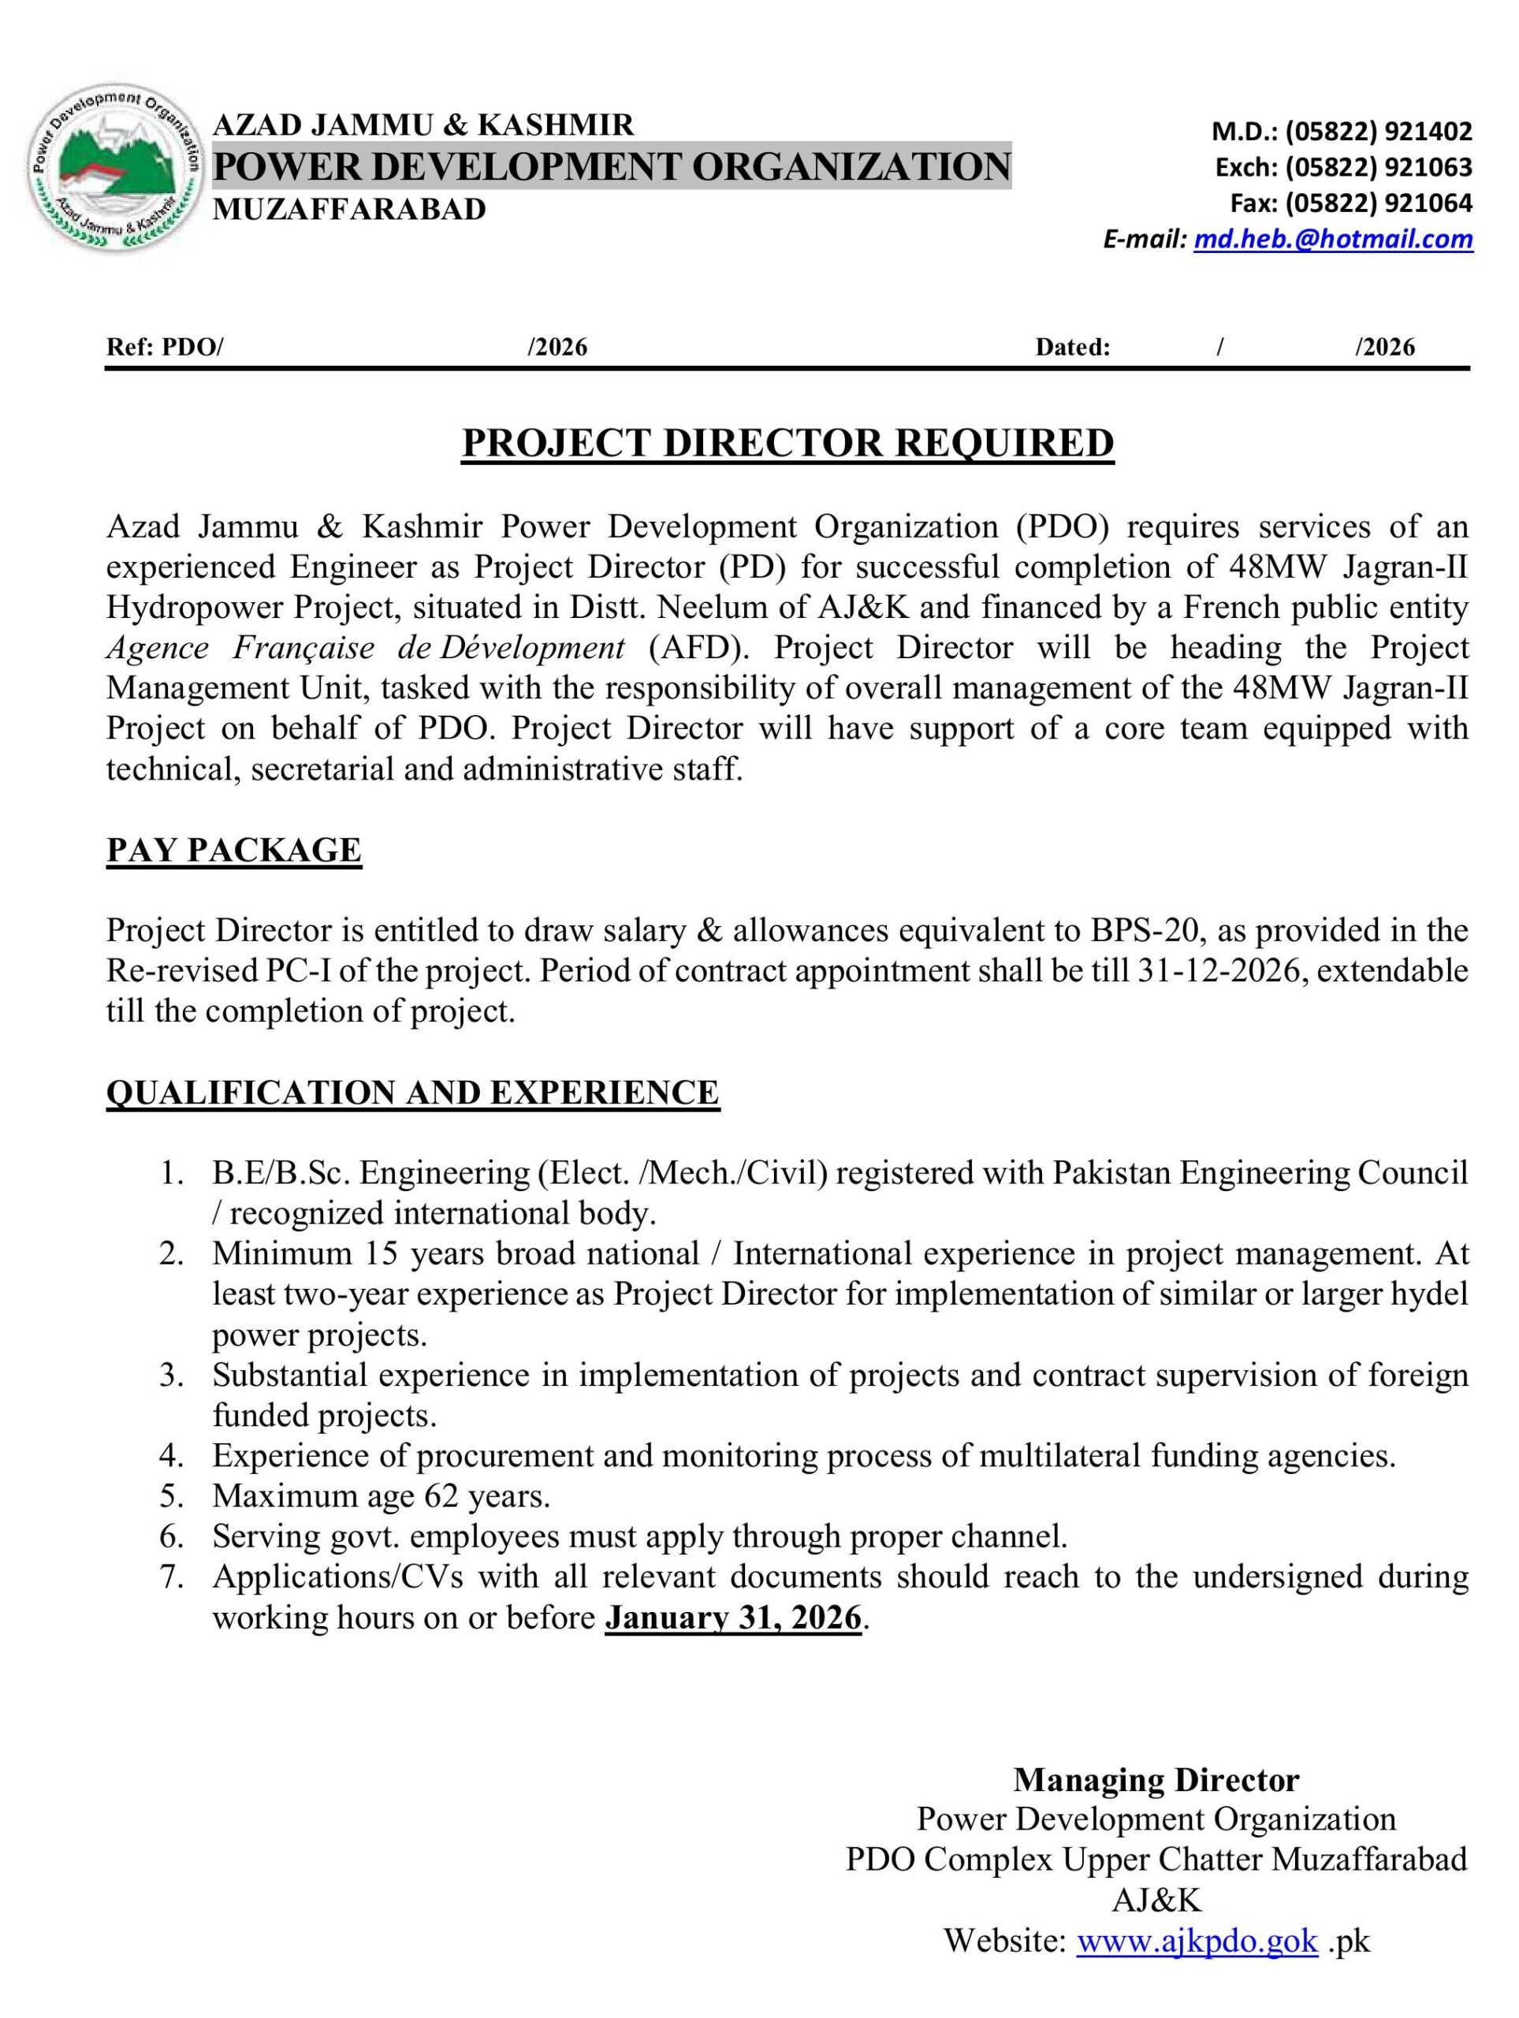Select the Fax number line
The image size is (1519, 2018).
pyautogui.click(x=1351, y=203)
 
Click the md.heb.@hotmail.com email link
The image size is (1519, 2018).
pyautogui.click(x=1333, y=239)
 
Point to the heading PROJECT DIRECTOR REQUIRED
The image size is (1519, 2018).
pyautogui.click(x=787, y=443)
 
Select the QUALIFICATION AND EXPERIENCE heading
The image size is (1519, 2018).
pyautogui.click(x=413, y=1092)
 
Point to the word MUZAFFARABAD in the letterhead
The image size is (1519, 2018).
pyautogui.click(x=349, y=210)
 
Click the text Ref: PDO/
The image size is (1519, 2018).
pyautogui.click(x=165, y=348)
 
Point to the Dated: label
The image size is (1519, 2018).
pyautogui.click(x=1072, y=348)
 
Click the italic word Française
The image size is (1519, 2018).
pyautogui.click(x=303, y=648)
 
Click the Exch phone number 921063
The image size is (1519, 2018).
pyautogui.click(x=1428, y=168)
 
